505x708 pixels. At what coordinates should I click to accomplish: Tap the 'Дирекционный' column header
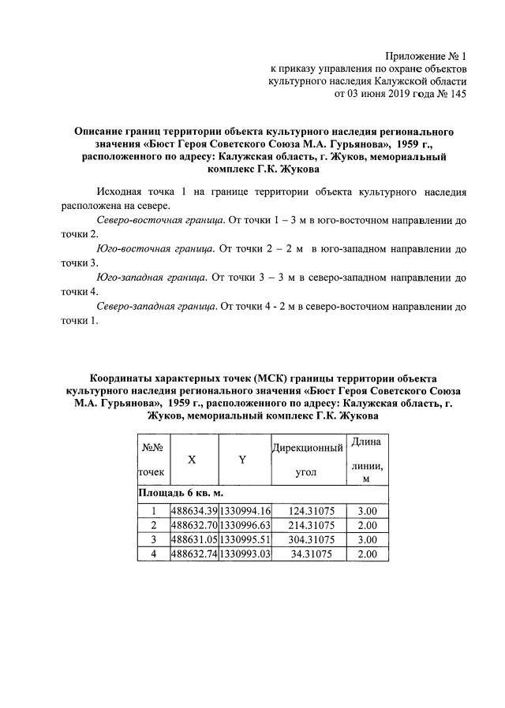(307, 448)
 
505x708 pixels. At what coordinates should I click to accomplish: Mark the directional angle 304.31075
(307, 540)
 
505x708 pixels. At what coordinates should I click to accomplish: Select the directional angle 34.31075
(309, 554)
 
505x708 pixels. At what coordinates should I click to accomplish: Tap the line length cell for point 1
(368, 512)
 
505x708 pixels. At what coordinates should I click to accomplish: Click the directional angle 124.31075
(307, 512)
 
